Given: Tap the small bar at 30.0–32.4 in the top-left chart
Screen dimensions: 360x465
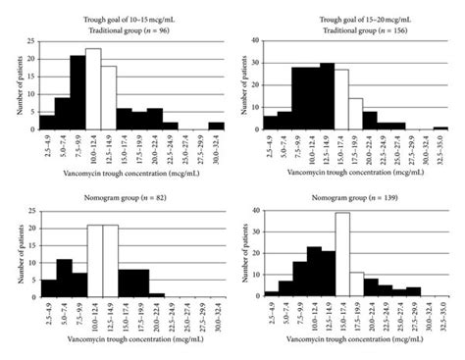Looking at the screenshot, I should (216, 126).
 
